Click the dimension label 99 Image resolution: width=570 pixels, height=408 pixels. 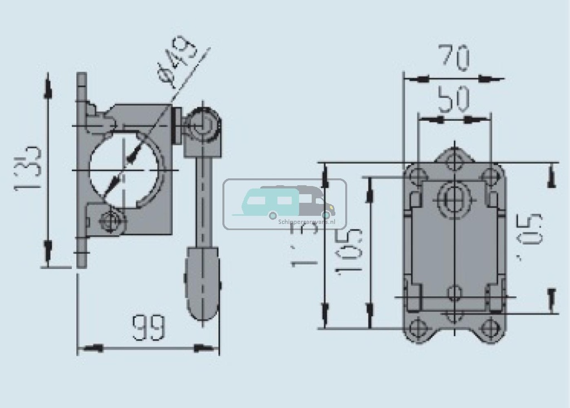pyautogui.click(x=148, y=328)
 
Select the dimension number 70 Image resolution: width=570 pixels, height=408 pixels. pyautogui.click(x=454, y=58)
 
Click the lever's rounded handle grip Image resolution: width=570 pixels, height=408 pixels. pyautogui.click(x=202, y=284)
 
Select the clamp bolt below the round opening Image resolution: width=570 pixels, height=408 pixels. pyautogui.click(x=108, y=221)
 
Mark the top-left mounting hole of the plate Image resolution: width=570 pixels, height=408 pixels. pyautogui.click(x=417, y=176)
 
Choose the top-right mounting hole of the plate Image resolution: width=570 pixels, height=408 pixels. pyautogui.click(x=490, y=176)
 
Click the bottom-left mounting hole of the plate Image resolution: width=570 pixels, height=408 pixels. pyautogui.click(x=417, y=326)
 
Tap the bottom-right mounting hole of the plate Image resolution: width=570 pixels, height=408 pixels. pyautogui.click(x=489, y=326)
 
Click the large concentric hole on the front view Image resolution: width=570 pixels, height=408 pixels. pyautogui.click(x=454, y=198)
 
